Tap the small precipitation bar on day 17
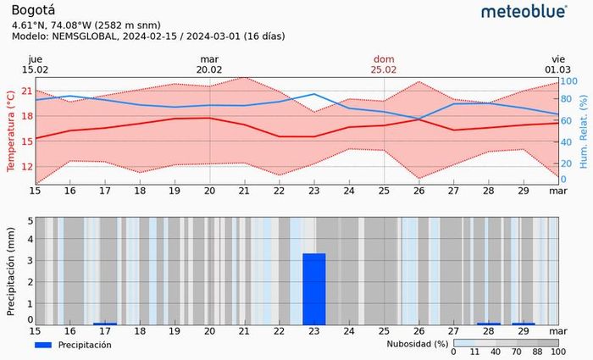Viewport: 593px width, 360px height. pyautogui.click(x=105, y=323)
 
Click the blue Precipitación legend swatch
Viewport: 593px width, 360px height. pyautogui.click(x=49, y=345)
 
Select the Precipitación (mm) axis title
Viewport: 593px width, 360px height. pyautogui.click(x=10, y=271)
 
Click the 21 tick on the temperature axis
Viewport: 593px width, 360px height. pyautogui.click(x=27, y=91)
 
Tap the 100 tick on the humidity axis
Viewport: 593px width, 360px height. pyautogui.click(x=569, y=80)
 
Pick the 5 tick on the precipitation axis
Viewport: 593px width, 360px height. pyautogui.click(x=30, y=221)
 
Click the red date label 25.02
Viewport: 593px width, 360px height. pyautogui.click(x=384, y=69)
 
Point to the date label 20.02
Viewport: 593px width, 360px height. pyautogui.click(x=209, y=69)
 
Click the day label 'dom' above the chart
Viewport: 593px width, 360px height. pyautogui.click(x=384, y=58)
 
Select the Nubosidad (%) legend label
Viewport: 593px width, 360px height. pyautogui.click(x=417, y=344)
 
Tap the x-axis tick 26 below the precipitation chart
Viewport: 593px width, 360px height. pyautogui.click(x=418, y=331)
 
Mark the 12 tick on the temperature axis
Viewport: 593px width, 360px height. pyautogui.click(x=27, y=166)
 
